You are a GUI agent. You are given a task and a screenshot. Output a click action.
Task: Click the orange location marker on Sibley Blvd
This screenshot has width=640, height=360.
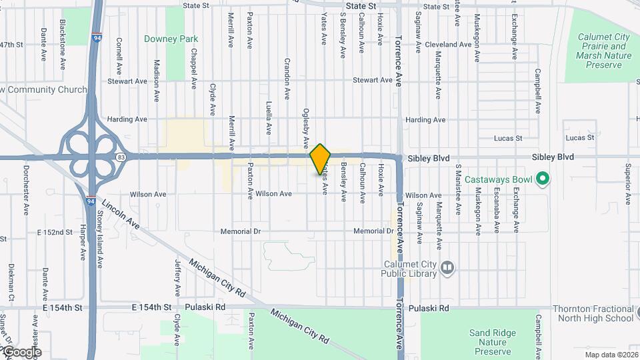pyautogui.click(x=320, y=159)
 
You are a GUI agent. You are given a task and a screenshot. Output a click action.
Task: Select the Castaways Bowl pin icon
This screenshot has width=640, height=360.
pyautogui.click(x=543, y=178)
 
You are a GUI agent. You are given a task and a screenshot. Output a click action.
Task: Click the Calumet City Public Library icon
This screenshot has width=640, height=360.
pyautogui.click(x=447, y=268)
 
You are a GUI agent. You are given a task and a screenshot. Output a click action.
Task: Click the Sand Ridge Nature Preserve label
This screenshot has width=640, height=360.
pyautogui.click(x=489, y=342)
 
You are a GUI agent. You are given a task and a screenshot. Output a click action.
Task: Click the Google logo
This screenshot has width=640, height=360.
pyautogui.click(x=21, y=352)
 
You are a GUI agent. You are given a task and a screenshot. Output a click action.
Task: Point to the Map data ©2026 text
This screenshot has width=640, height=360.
pyautogui.click(x=611, y=354)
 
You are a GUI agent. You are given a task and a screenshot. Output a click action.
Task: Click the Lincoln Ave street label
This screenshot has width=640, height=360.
pyautogui.click(x=121, y=214)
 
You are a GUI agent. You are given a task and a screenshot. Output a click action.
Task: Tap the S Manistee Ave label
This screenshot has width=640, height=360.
pyautogui.click(x=458, y=192)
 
